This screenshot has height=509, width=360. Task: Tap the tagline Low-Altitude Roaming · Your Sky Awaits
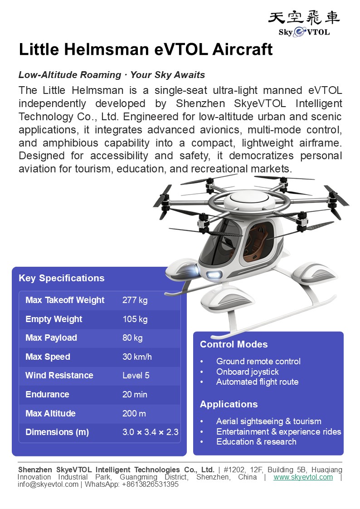tap(112, 75)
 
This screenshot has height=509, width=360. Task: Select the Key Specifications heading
tap(62, 278)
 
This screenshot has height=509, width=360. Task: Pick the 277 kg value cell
tap(135, 300)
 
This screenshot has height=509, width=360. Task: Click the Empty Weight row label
tap(54, 319)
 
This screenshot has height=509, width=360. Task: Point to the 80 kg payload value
tap(132, 338)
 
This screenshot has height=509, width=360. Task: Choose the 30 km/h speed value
tap(137, 357)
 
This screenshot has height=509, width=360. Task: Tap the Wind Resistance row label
tap(59, 375)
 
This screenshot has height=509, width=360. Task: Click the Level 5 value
tap(136, 375)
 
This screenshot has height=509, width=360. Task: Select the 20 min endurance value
tap(135, 394)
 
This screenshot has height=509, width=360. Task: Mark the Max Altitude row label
tap(50, 413)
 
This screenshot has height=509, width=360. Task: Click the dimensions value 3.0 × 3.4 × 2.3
tap(150, 432)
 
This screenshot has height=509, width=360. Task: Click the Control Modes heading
tap(234, 344)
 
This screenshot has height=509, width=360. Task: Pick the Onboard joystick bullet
tap(247, 372)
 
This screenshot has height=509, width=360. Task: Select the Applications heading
tap(229, 404)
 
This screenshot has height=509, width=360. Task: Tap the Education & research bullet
tap(256, 441)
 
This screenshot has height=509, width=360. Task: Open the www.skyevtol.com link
tap(303, 477)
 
